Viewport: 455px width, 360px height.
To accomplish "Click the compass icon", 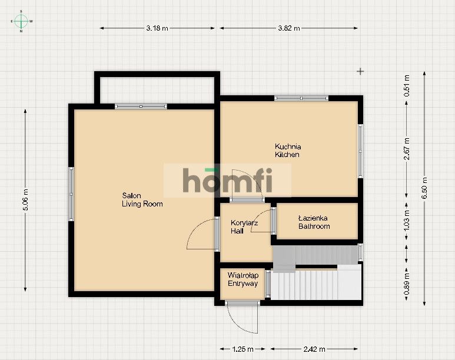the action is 21,21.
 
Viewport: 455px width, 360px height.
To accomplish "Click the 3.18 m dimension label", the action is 157,28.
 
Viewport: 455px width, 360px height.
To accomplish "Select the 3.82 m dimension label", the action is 289,28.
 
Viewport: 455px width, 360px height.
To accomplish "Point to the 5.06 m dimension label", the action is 25,199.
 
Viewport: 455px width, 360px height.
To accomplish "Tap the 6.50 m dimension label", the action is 425,188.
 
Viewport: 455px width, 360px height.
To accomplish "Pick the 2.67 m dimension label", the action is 407,149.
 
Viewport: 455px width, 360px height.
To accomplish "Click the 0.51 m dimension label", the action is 407,85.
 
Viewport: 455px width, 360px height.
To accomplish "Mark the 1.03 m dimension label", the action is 407,220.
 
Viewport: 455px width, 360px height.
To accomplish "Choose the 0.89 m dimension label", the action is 407,284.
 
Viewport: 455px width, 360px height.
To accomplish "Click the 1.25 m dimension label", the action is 243,349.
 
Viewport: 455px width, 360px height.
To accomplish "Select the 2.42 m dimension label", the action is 314,349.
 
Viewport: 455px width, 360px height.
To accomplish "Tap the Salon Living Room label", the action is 142,200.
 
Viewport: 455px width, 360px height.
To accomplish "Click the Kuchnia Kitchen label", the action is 288,151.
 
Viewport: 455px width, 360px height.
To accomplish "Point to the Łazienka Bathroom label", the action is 314,222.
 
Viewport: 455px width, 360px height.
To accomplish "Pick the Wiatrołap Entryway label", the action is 243,279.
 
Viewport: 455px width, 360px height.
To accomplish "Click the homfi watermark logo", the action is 227,180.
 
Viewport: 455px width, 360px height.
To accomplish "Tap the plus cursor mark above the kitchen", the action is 360,71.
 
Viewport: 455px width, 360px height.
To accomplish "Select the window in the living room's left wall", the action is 71,194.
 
